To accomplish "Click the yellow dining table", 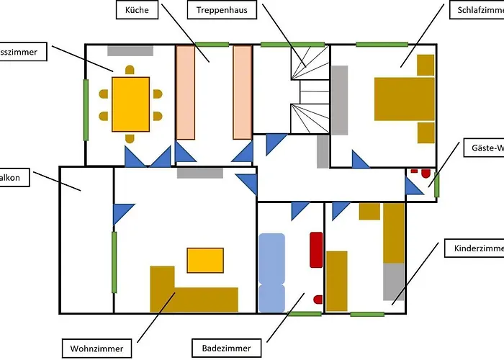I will pyautogui.click(x=130, y=105).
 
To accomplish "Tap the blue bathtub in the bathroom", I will pyautogui.click(x=271, y=272).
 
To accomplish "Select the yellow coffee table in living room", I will pyautogui.click(x=205, y=260).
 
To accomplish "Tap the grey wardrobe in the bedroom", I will pyautogui.click(x=339, y=100).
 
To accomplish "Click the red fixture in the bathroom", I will pyautogui.click(x=315, y=250).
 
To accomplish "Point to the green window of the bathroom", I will pyautogui.click(x=305, y=313).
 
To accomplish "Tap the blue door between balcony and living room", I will pyautogui.click(x=122, y=214).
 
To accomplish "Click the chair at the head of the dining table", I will pyautogui.click(x=130, y=70).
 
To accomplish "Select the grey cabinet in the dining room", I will pyautogui.click(x=130, y=50).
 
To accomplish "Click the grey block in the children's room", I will pyautogui.click(x=393, y=282).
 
